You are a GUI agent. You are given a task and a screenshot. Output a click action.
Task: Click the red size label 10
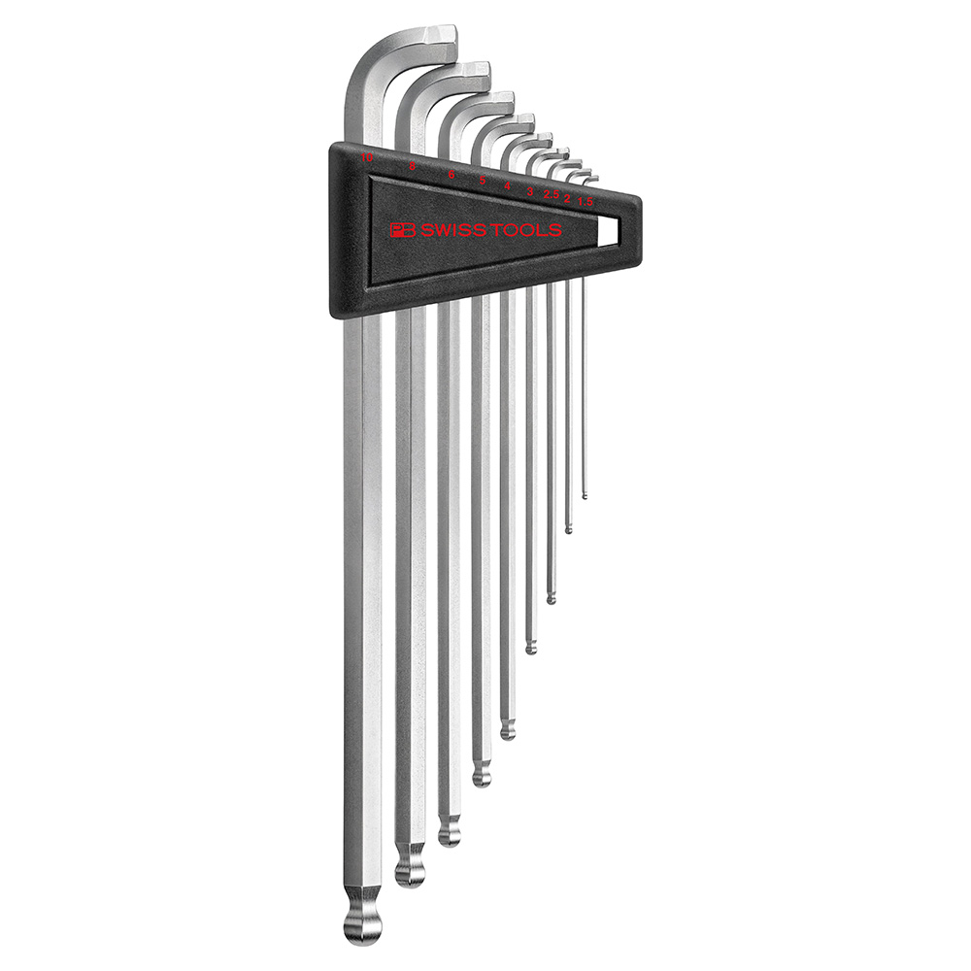click(366, 156)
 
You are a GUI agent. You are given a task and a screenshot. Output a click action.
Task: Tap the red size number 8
click(413, 167)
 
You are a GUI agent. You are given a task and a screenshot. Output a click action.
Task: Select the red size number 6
click(452, 175)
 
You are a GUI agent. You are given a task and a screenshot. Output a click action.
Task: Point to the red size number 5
click(483, 181)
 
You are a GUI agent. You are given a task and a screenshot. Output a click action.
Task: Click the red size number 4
click(507, 185)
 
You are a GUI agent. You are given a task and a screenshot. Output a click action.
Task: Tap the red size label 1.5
click(586, 201)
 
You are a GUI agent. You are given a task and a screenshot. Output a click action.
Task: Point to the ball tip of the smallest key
click(585, 496)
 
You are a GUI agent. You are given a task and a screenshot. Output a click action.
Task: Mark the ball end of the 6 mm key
click(449, 832)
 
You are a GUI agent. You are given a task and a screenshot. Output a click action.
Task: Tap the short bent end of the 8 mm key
click(477, 73)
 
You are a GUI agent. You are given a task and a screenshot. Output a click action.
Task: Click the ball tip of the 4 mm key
click(508, 729)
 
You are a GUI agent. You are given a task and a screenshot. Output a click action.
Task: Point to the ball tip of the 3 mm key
click(531, 645)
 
